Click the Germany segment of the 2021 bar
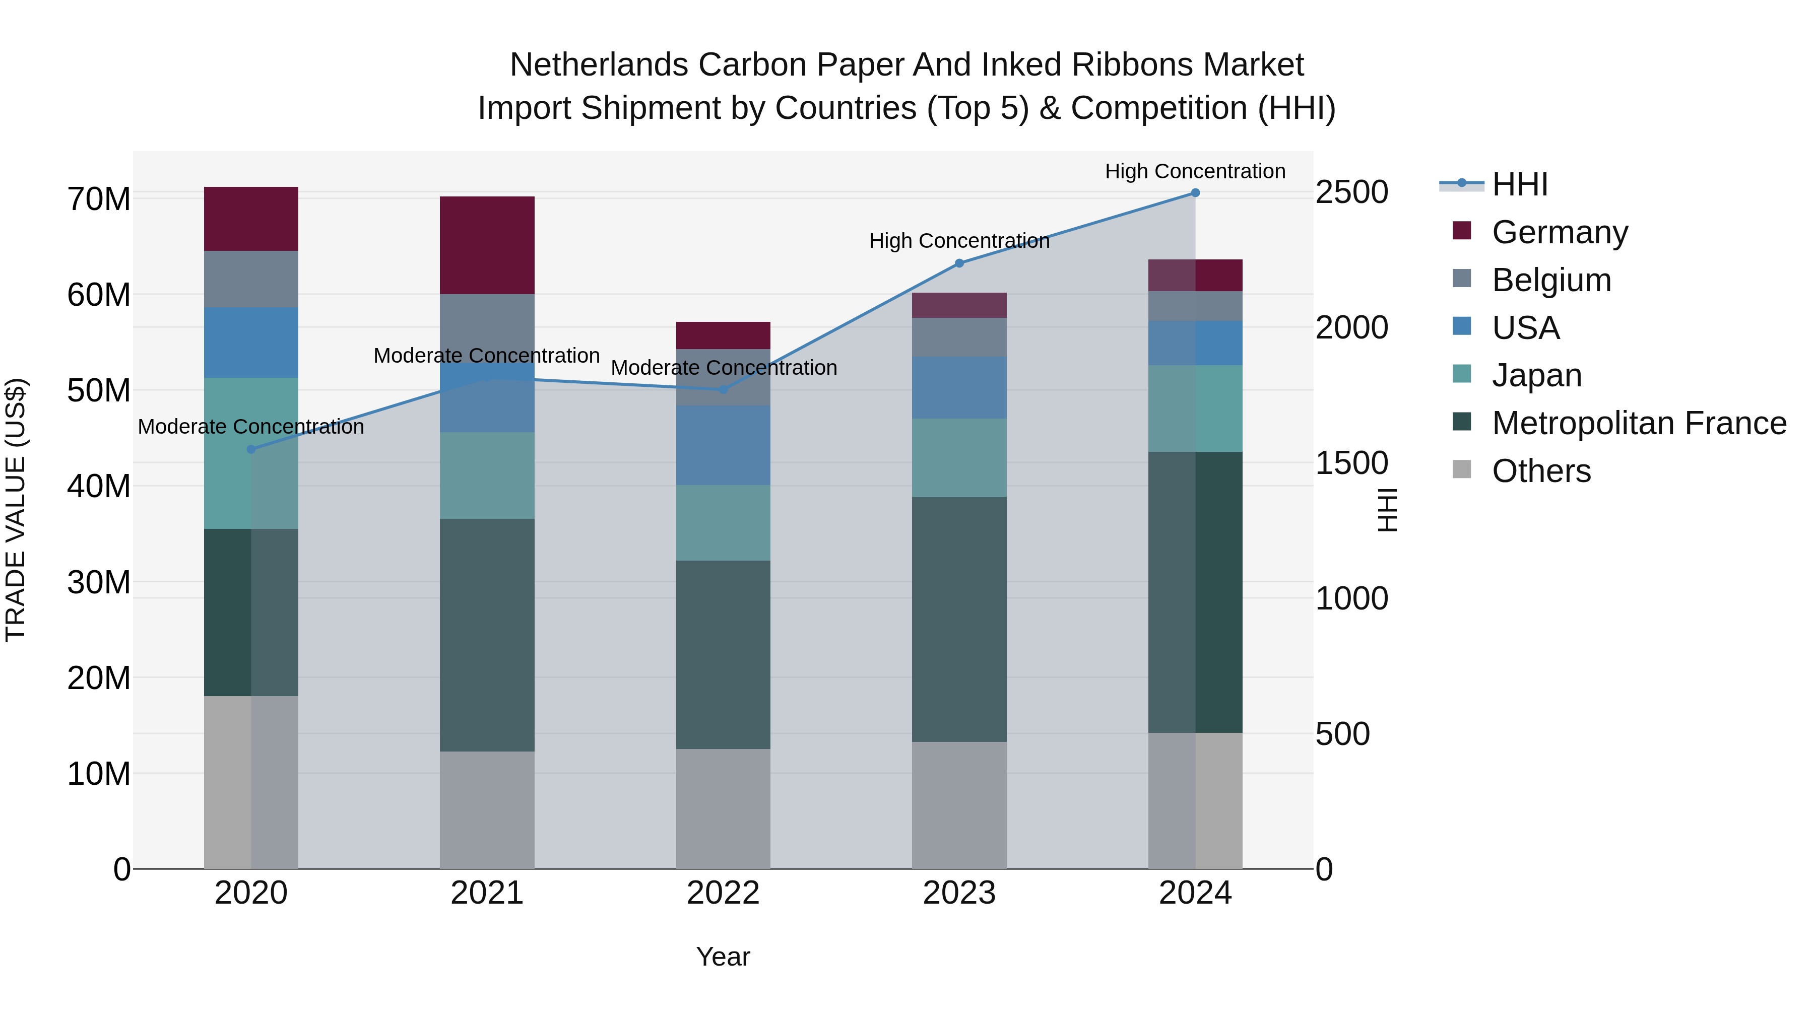point(487,245)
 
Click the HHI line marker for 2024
point(1195,193)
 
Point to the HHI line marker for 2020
point(251,449)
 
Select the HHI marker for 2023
point(959,263)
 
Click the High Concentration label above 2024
point(1195,171)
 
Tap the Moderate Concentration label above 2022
point(723,368)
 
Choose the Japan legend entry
point(1536,375)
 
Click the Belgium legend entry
point(1551,280)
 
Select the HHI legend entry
point(1520,184)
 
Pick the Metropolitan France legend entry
point(1639,423)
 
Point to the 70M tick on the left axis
point(99,199)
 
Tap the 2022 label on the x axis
point(723,893)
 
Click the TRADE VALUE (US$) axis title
point(16,510)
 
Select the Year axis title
point(723,957)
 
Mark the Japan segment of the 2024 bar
point(1195,409)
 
